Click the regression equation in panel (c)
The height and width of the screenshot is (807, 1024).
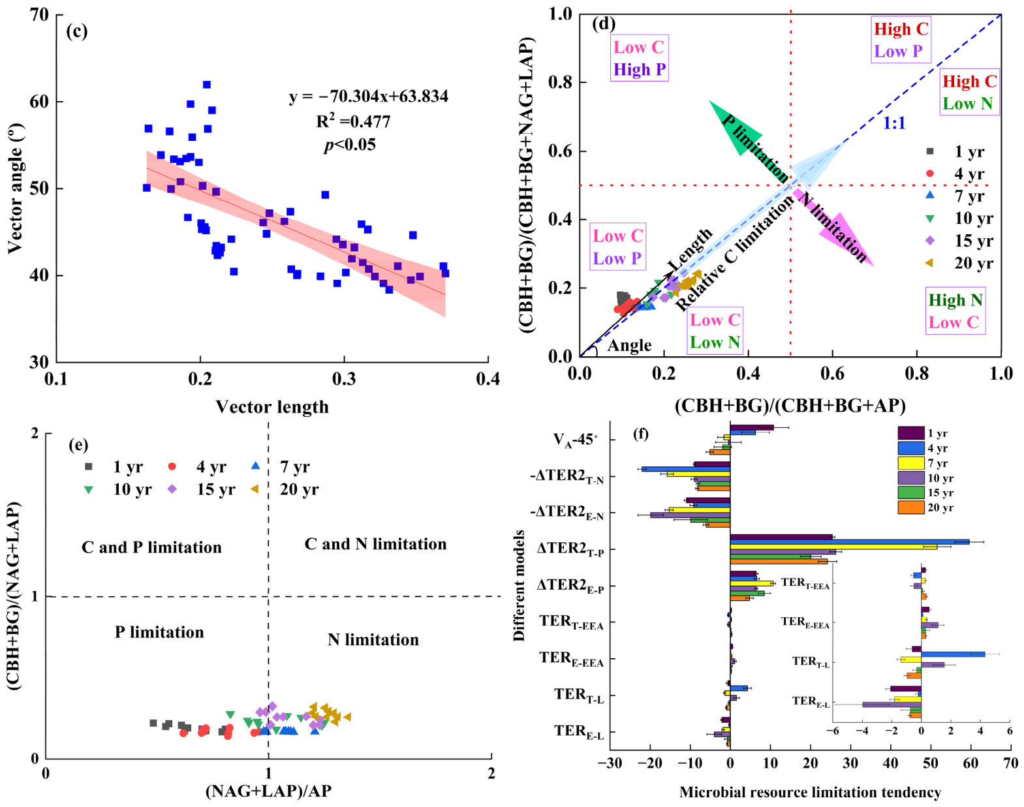(369, 97)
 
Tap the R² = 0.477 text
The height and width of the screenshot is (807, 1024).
(353, 121)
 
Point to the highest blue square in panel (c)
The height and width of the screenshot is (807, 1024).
(206, 85)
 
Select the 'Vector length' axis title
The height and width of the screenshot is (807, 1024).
(272, 407)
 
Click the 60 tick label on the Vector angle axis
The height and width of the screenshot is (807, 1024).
(39, 102)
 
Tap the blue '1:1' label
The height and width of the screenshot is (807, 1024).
(894, 123)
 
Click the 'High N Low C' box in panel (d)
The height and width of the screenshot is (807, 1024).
(955, 311)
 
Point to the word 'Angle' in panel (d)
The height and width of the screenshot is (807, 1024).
(629, 346)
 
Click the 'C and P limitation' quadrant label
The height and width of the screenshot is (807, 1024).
(151, 547)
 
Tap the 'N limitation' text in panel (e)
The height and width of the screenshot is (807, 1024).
(373, 639)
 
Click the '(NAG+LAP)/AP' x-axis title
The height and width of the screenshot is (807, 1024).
(268, 790)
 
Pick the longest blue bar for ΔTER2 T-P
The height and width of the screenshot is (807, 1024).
(849, 542)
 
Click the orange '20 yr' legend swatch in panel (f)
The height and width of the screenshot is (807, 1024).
(910, 508)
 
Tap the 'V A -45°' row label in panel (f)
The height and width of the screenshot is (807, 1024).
(575, 439)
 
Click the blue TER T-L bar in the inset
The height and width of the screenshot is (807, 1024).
(953, 654)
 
